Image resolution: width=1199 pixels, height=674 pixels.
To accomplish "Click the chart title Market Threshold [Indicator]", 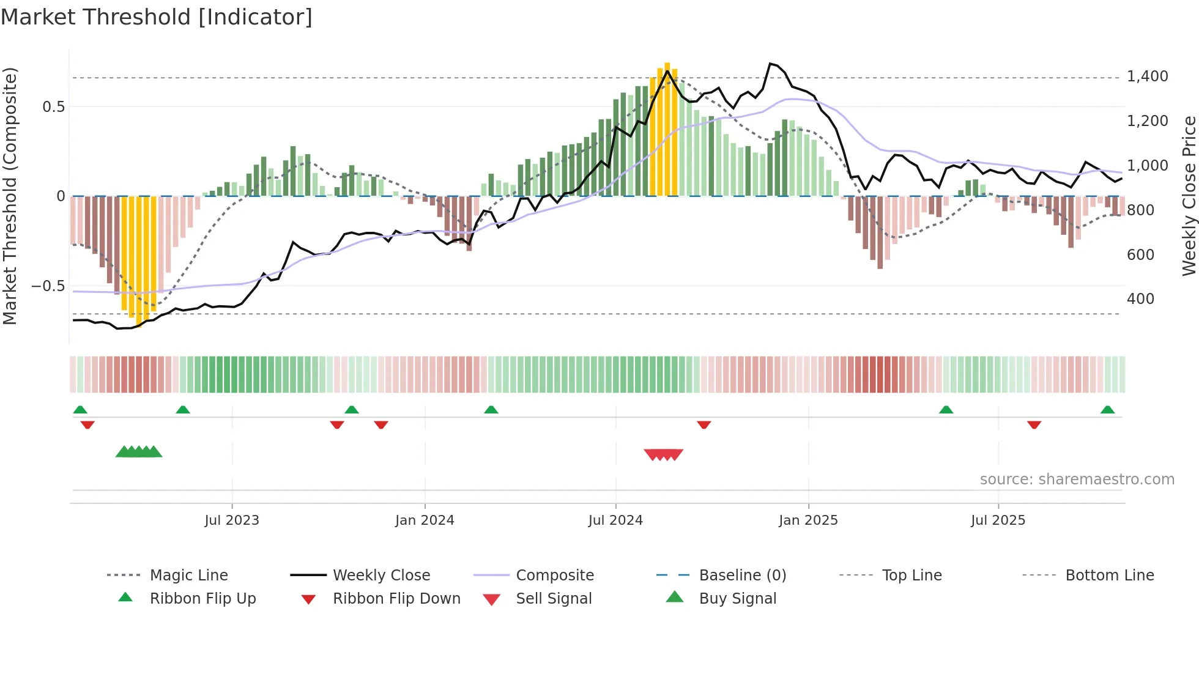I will pos(157,17).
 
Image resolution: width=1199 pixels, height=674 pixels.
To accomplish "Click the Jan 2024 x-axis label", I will pos(425,520).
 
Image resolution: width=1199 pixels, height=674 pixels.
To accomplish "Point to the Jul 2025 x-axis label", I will pos(998,520).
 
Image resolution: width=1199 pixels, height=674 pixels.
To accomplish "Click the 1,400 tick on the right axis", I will pos(1147,76).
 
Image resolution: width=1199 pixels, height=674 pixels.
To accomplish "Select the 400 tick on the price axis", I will pos(1140,299).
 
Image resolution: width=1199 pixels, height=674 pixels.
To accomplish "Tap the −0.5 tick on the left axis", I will pos(48,286).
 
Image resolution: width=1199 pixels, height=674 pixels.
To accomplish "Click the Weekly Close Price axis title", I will pos(1189,196).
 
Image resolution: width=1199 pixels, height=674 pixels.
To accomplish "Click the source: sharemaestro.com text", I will pos(1077,480).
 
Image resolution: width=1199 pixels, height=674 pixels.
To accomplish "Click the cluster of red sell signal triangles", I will pos(663,454).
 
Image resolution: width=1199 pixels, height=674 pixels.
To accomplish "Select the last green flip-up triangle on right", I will pos(1107,410).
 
